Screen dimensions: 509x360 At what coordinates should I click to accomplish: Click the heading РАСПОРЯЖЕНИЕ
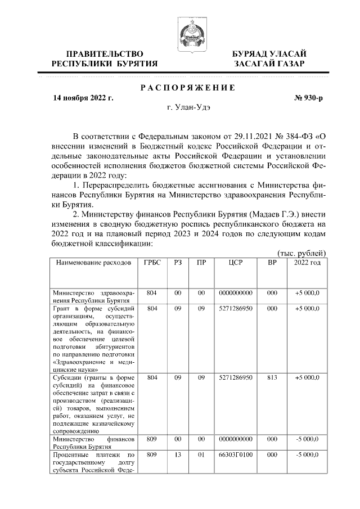(x=187, y=87)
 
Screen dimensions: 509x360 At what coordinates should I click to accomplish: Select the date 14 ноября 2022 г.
(x=83, y=98)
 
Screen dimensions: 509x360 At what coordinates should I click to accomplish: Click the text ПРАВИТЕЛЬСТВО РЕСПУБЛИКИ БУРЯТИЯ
(x=104, y=58)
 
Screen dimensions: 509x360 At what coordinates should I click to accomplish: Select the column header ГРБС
(x=152, y=263)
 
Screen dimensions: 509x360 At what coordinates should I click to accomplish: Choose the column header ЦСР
(x=236, y=263)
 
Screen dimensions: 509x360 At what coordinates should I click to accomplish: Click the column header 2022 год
(x=307, y=263)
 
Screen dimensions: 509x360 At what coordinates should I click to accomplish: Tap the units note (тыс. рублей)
(x=302, y=254)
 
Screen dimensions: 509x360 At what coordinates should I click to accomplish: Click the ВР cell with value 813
(x=272, y=379)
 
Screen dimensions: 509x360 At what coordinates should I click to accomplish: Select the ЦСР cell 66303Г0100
(x=236, y=453)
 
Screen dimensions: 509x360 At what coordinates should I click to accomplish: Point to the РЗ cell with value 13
(x=177, y=453)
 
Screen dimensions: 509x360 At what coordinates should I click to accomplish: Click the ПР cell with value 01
(x=201, y=453)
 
